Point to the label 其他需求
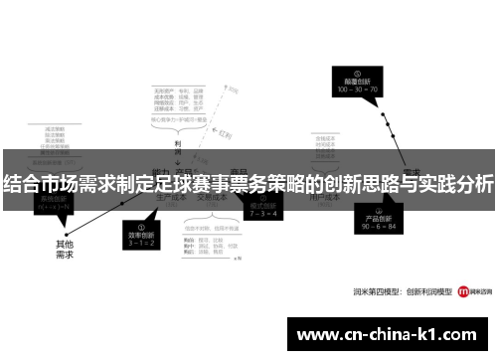66,248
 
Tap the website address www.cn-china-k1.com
389,335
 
